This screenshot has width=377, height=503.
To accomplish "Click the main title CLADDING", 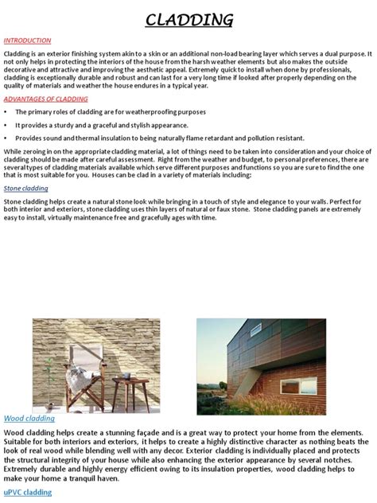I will pyautogui.click(x=188, y=19).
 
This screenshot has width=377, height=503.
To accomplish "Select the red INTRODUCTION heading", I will pyautogui.click(x=27, y=41).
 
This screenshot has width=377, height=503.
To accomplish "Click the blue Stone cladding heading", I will pyautogui.click(x=26, y=189).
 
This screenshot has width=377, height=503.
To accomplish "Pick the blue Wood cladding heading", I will pyautogui.click(x=29, y=419).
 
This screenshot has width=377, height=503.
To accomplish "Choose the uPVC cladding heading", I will pyautogui.click(x=28, y=493).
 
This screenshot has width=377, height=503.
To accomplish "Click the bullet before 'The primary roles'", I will pyautogui.click(x=6, y=112).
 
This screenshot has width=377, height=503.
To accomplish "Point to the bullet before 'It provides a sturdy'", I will pyautogui.click(x=6, y=125).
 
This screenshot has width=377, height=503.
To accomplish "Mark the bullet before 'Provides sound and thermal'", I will pyautogui.click(x=6, y=138).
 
